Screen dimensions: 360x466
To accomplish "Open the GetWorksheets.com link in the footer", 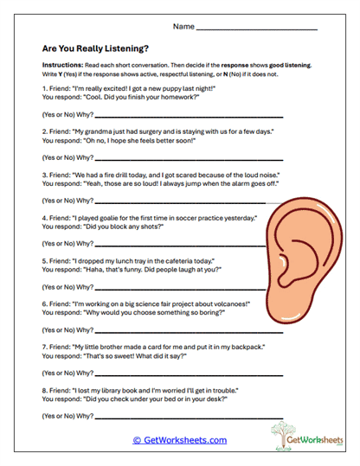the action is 179,440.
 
